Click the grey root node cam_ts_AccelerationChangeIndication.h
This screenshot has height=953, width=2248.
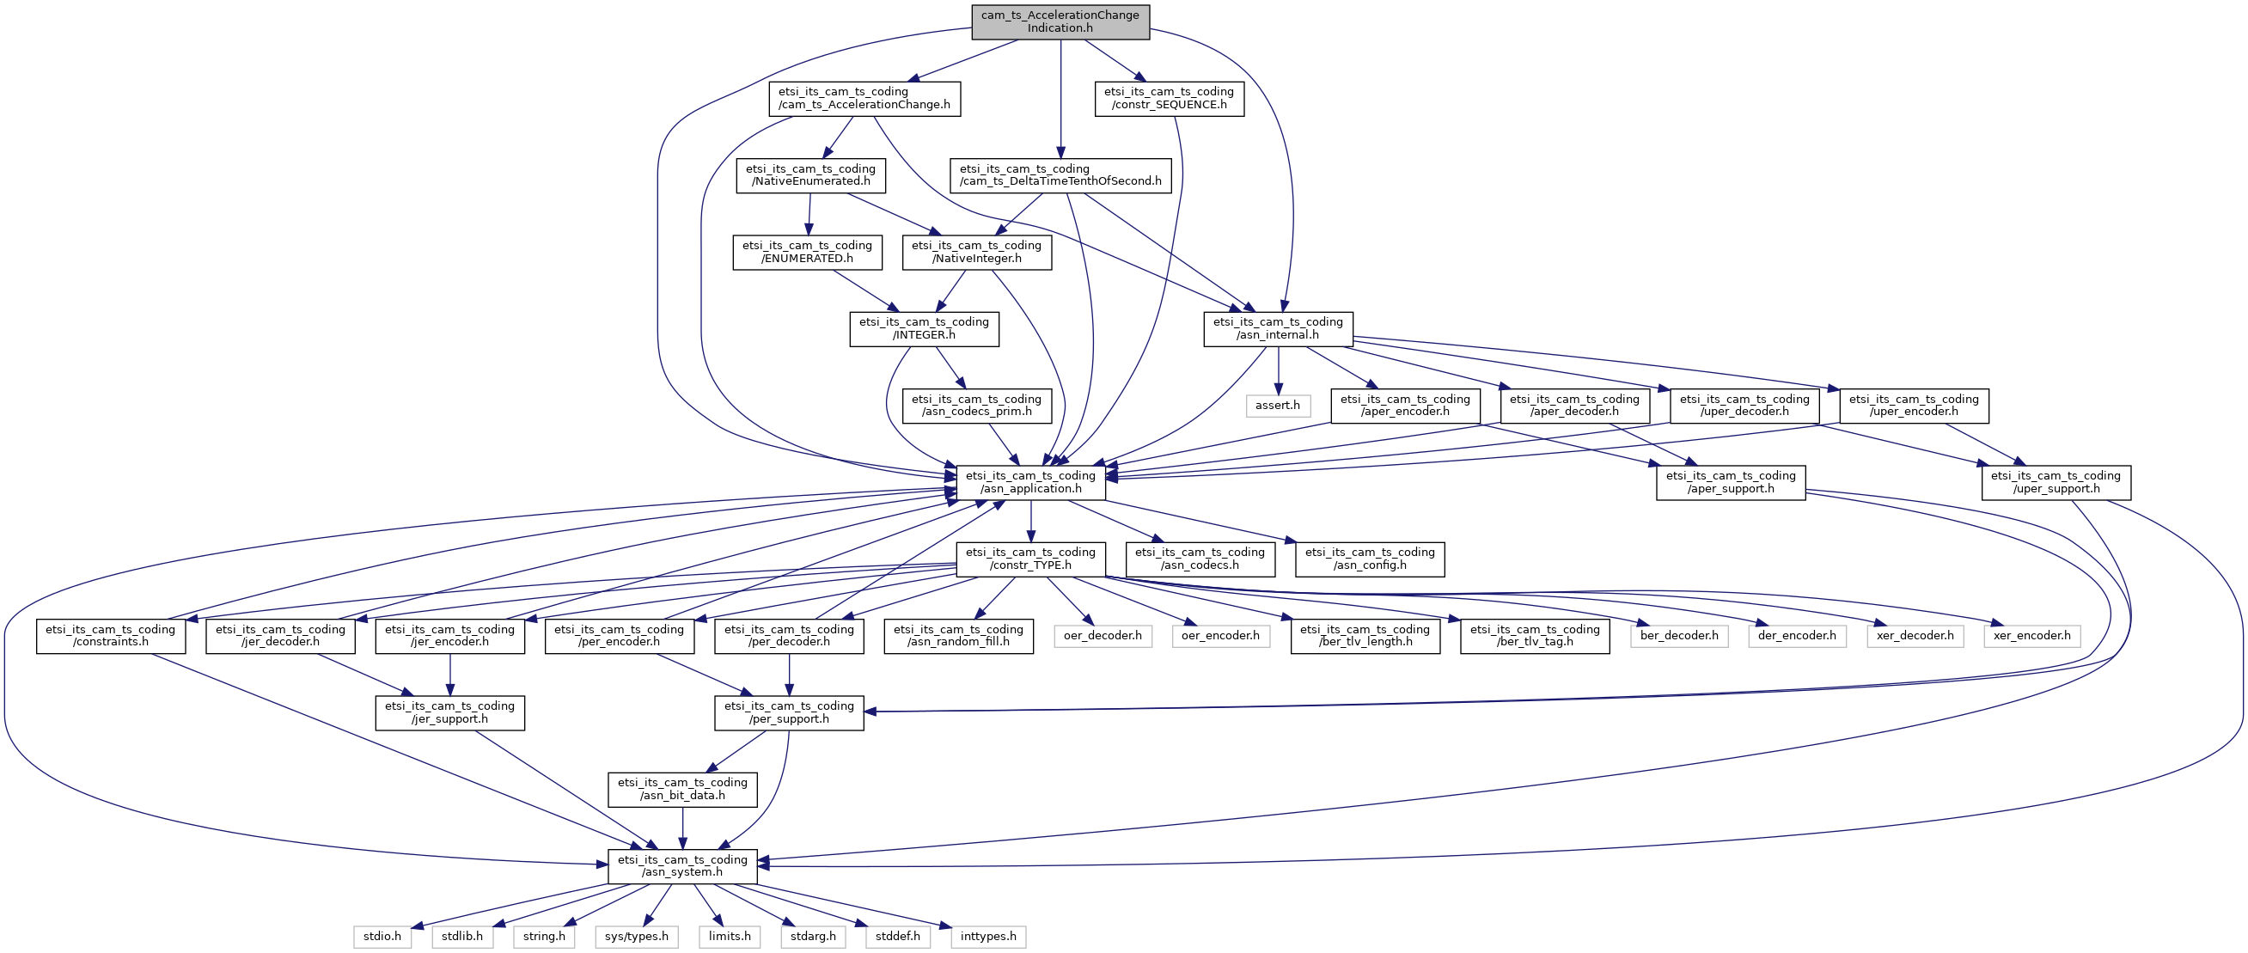click(x=1060, y=21)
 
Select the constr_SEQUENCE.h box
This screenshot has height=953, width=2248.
click(x=1169, y=99)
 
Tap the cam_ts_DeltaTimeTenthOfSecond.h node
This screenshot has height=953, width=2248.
click(x=1060, y=175)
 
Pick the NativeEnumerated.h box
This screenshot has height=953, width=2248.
click(x=809, y=175)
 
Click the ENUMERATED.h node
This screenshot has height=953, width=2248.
click(x=807, y=252)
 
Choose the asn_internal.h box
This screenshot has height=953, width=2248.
click(x=1279, y=329)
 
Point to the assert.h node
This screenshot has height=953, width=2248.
click(x=1278, y=406)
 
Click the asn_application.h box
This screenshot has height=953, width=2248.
click(x=1030, y=483)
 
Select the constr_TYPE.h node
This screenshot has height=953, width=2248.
click(x=1030, y=559)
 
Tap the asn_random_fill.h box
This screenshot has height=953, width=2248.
click(x=958, y=636)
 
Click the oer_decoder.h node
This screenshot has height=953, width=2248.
click(x=1103, y=636)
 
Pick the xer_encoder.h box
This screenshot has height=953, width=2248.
click(x=2031, y=636)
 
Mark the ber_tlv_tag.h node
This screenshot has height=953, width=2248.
click(x=1535, y=636)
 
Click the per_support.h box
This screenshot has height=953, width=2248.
click(x=789, y=713)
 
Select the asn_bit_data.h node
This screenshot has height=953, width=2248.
click(x=682, y=790)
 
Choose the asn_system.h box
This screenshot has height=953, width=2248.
click(x=682, y=866)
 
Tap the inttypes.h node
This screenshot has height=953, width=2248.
click(x=988, y=938)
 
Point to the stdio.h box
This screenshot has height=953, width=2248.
click(x=382, y=938)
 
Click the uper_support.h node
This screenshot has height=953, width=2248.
click(x=2056, y=483)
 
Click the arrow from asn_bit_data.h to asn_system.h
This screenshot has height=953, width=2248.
click(x=682, y=829)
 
